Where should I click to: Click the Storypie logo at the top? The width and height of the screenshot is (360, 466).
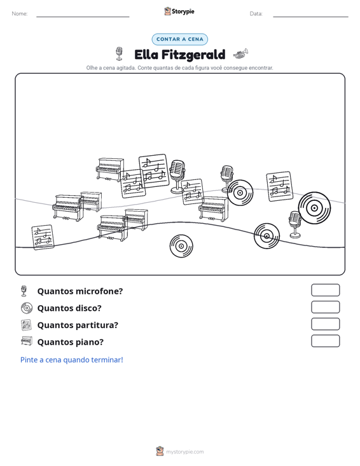[x=179, y=11]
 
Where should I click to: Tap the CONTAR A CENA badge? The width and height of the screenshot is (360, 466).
[x=179, y=39]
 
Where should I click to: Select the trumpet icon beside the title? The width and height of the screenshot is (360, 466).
[x=240, y=53]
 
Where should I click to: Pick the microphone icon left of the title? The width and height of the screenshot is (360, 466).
[x=119, y=53]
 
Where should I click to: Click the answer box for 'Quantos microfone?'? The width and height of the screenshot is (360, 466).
[x=325, y=290]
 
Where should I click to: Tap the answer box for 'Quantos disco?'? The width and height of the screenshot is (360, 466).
[x=325, y=307]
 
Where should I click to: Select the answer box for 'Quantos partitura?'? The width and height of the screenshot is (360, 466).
[x=325, y=324]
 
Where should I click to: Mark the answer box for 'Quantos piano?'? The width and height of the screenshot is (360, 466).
[x=325, y=341]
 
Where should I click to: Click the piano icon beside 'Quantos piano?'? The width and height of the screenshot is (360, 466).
[x=27, y=341]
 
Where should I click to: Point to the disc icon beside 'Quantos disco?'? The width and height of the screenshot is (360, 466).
[x=27, y=308]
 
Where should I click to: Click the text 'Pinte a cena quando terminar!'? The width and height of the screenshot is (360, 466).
[x=72, y=360]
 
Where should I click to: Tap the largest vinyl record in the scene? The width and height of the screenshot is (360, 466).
[x=314, y=208]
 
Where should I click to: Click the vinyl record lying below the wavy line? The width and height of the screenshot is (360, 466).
[x=181, y=246]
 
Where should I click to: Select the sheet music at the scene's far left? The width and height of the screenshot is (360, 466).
[x=43, y=237]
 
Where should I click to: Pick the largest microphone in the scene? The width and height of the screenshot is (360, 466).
[x=177, y=177]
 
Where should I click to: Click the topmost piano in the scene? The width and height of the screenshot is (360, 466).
[x=109, y=169]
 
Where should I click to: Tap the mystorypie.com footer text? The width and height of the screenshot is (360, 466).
[x=184, y=452]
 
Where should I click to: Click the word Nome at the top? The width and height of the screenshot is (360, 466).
[x=20, y=14]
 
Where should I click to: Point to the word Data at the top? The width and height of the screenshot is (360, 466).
[x=256, y=14]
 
